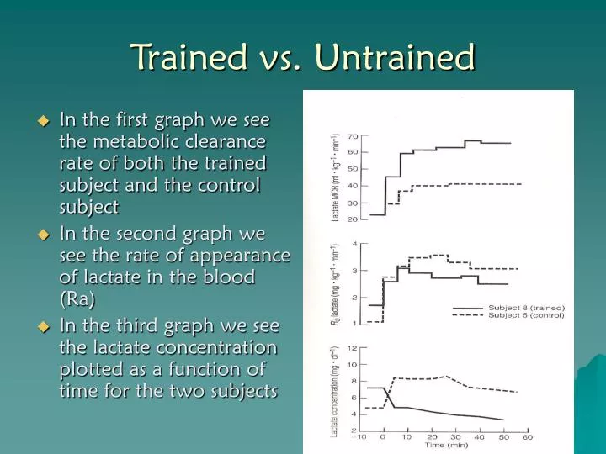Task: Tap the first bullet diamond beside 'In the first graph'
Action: pos(45,121)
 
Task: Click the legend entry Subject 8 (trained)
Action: pos(526,308)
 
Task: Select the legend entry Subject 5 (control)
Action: pos(526,316)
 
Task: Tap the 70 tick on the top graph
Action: pos(353,136)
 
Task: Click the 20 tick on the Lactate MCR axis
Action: pos(353,219)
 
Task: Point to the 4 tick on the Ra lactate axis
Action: pos(355,244)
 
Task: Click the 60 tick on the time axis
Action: pos(528,437)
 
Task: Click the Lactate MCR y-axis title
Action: pos(335,177)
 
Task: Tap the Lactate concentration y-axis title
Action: pos(334,391)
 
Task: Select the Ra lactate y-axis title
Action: pos(335,284)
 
